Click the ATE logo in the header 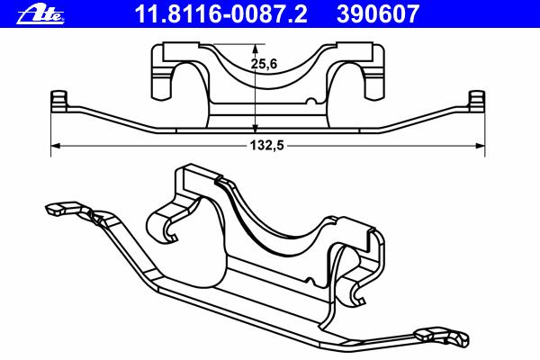[40, 14]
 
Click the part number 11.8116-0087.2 [220, 13]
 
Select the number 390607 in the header [378, 13]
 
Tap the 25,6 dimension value [264, 64]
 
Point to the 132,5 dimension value [267, 146]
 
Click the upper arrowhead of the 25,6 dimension [255, 49]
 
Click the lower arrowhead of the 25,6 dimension [255, 128]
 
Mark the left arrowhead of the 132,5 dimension [56, 146]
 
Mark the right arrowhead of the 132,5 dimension [480, 146]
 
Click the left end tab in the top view [58, 101]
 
